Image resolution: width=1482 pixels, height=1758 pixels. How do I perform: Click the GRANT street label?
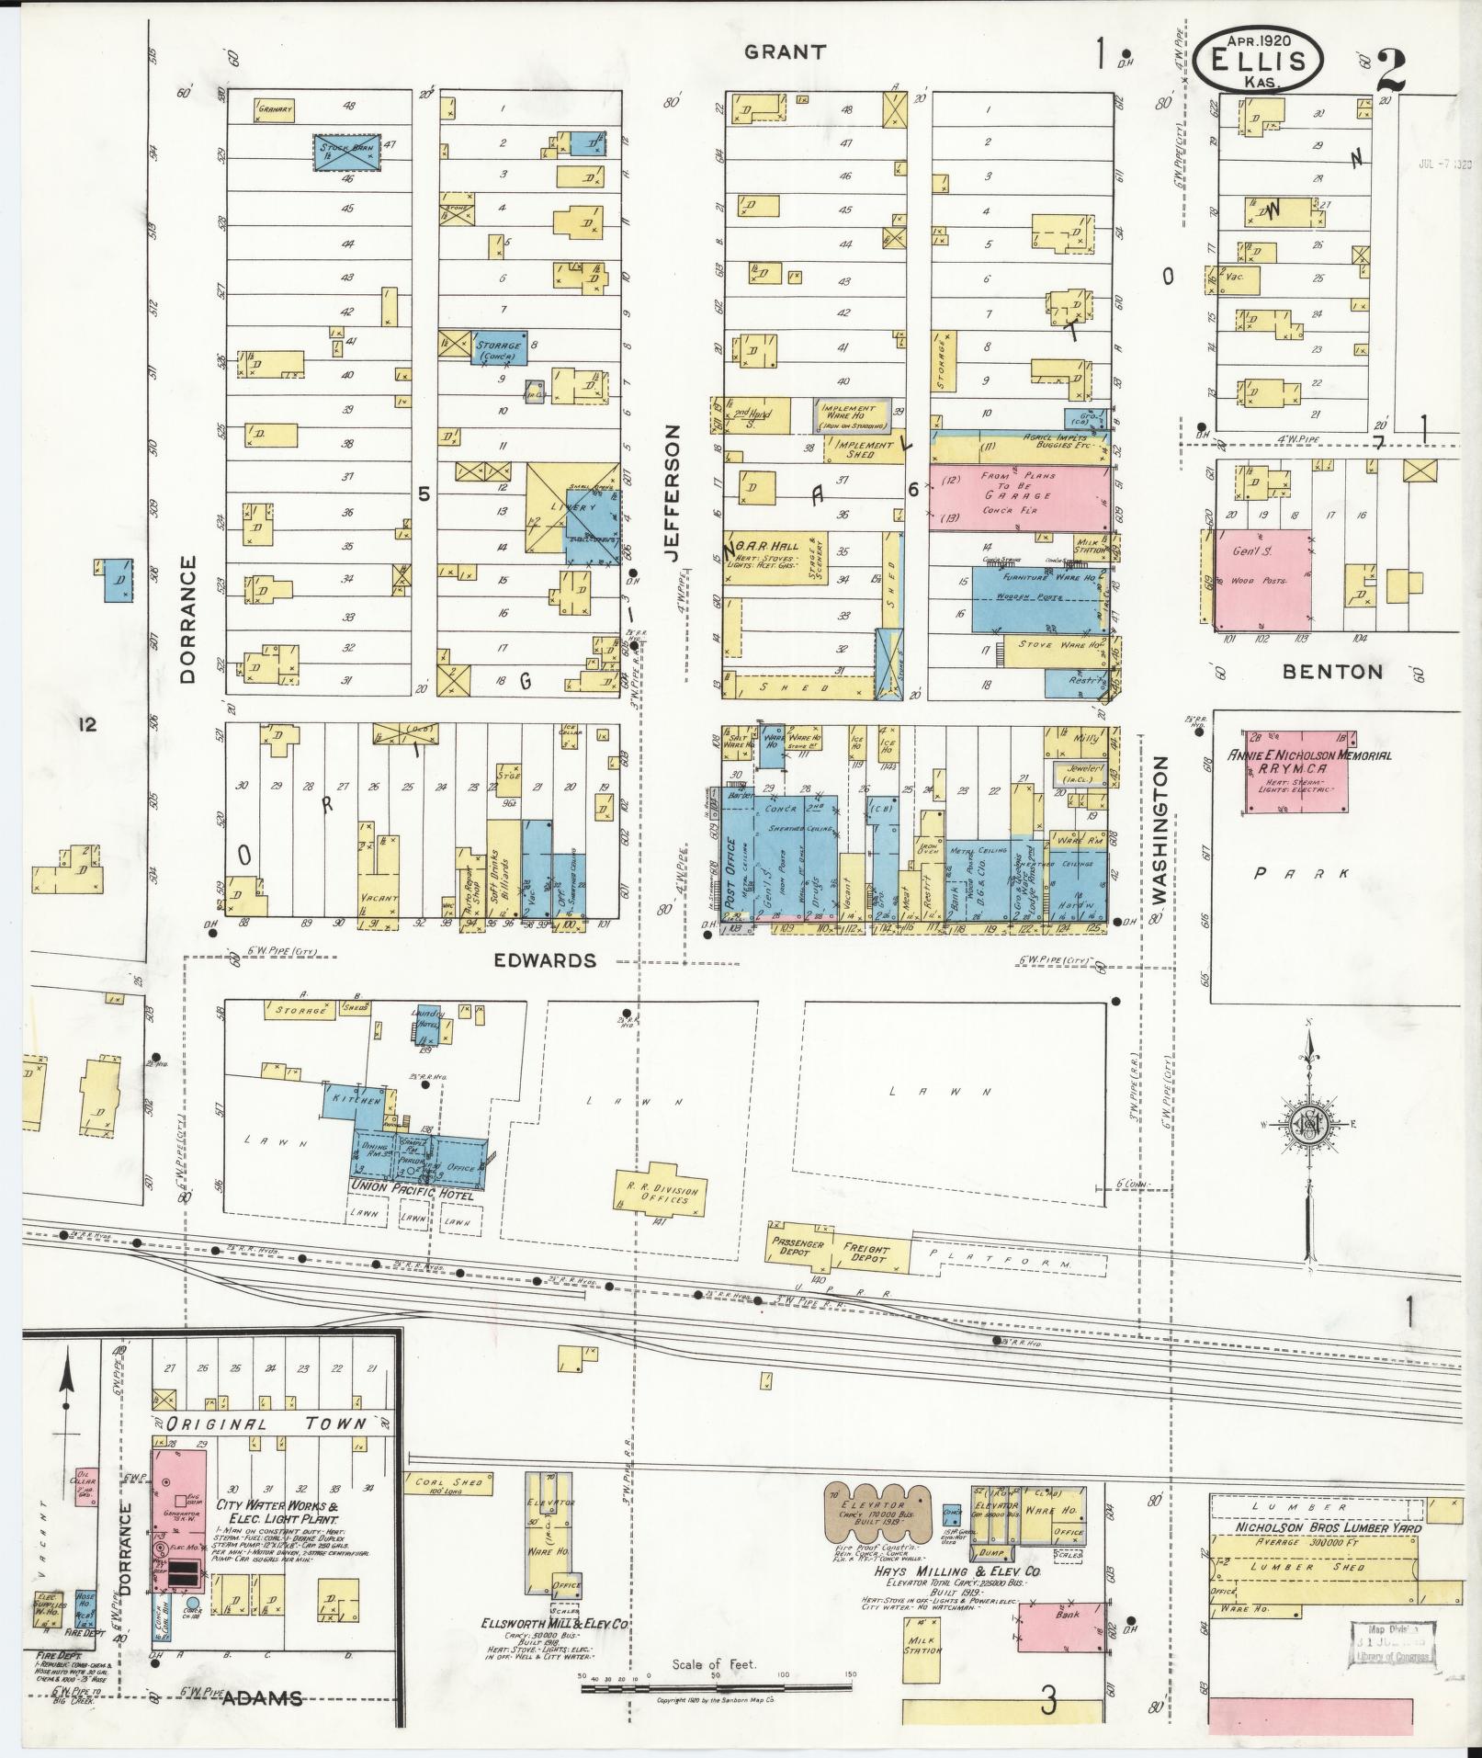click(x=785, y=52)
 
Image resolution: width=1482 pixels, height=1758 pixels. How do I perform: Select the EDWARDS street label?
click(x=545, y=961)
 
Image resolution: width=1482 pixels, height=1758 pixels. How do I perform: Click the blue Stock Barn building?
click(x=345, y=152)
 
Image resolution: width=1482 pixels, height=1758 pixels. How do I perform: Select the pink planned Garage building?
click(x=1018, y=497)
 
